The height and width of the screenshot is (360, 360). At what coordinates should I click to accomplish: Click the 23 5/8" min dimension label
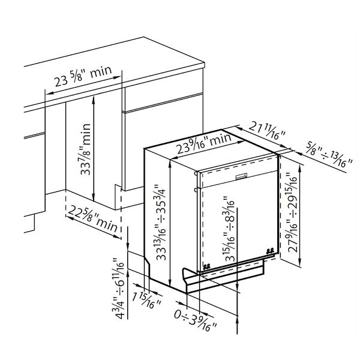coord(83,76)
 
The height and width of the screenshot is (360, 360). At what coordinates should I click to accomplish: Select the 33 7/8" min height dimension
coord(86,149)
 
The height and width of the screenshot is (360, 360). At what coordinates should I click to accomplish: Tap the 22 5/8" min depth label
coord(93,218)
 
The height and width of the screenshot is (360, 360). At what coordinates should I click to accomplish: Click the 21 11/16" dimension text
coord(267,130)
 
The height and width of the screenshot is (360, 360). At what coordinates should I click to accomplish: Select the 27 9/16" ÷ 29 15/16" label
coord(292,212)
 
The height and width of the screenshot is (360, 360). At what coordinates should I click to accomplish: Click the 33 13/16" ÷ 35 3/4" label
coord(161,222)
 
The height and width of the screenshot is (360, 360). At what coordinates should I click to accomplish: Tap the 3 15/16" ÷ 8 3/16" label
coord(229,229)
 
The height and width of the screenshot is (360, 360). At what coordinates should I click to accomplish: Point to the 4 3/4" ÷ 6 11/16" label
coord(118,289)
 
